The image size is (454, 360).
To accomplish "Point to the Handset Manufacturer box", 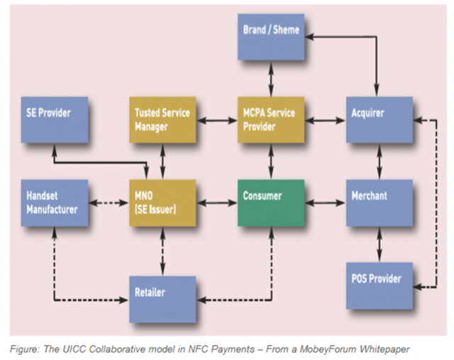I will [54, 202].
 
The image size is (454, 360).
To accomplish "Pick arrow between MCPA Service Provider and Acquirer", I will [325, 121].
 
